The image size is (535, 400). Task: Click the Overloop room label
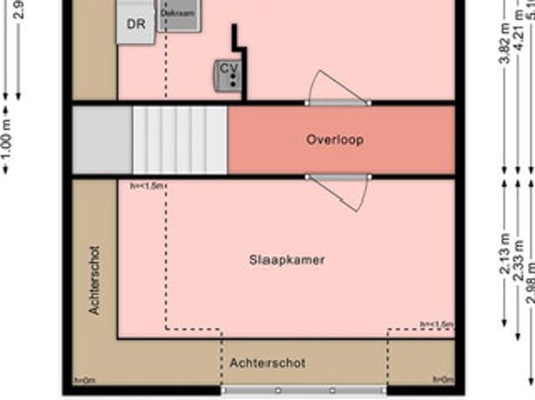(x=334, y=140)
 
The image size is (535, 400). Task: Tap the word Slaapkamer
(x=287, y=260)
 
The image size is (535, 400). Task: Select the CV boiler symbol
(x=228, y=74)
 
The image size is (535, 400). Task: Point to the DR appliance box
(x=136, y=24)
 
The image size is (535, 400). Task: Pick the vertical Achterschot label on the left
(x=94, y=280)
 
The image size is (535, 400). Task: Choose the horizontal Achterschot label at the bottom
(x=267, y=363)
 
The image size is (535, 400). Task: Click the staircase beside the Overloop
(x=180, y=139)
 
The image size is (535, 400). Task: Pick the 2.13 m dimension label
(x=505, y=254)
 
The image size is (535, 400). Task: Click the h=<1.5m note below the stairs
(x=147, y=185)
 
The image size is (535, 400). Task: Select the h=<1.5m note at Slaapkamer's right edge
(x=436, y=325)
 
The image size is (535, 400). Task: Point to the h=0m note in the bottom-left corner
(x=84, y=381)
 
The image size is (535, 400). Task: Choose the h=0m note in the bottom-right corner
(x=442, y=381)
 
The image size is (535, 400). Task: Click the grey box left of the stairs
(x=102, y=139)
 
